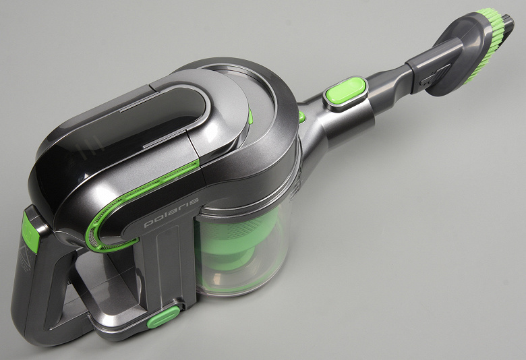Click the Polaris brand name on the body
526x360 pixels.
click(171, 212)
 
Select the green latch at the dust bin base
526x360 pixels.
click(164, 317)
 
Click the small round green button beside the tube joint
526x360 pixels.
click(302, 117)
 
